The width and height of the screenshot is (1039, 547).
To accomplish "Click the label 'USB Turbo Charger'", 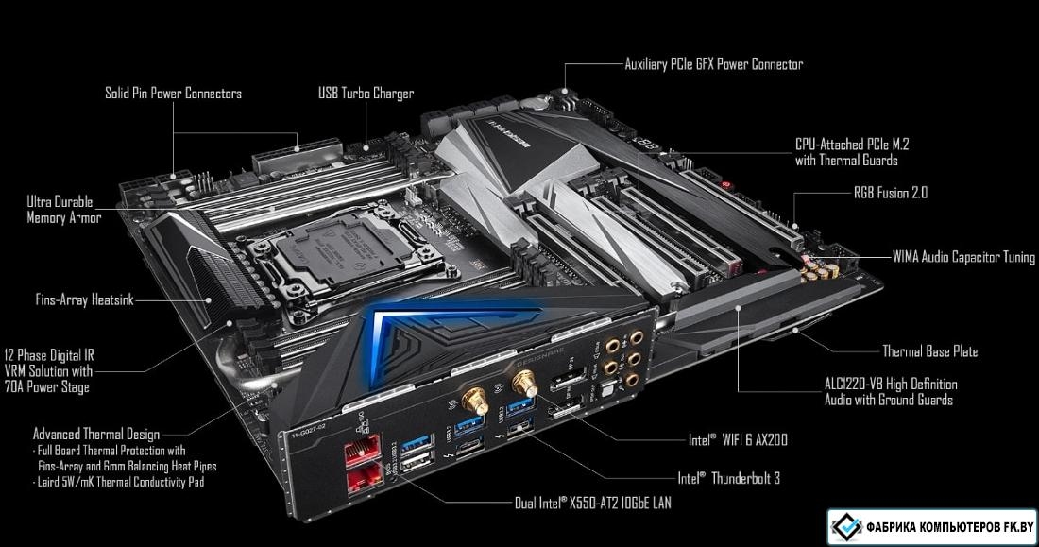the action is (x=366, y=94).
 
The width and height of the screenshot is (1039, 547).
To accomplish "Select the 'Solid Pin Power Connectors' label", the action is (x=173, y=93).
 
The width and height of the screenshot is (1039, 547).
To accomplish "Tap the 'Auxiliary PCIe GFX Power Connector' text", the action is (x=714, y=64).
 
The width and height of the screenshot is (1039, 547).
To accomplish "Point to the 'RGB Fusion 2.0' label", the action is (x=891, y=193).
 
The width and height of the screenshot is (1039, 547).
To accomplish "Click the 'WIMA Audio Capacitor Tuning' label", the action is (x=963, y=257).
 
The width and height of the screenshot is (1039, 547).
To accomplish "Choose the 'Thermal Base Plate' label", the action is (x=929, y=351).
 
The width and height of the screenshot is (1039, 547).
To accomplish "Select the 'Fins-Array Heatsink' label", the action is (x=84, y=299).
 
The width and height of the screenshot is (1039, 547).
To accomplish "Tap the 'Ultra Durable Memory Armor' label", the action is (x=63, y=210).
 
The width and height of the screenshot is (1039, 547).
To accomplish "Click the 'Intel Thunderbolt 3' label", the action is (x=728, y=478).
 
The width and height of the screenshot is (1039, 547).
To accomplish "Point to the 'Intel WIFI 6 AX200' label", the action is (x=738, y=439).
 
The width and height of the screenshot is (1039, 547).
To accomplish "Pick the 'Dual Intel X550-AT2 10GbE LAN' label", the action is (x=592, y=503).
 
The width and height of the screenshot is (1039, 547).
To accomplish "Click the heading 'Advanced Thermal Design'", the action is (x=96, y=435).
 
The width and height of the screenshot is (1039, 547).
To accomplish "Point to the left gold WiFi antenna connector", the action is (x=474, y=400).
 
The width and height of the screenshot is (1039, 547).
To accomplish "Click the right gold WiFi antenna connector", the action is (x=523, y=382).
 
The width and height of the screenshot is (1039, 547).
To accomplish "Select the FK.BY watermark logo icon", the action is (x=847, y=526).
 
